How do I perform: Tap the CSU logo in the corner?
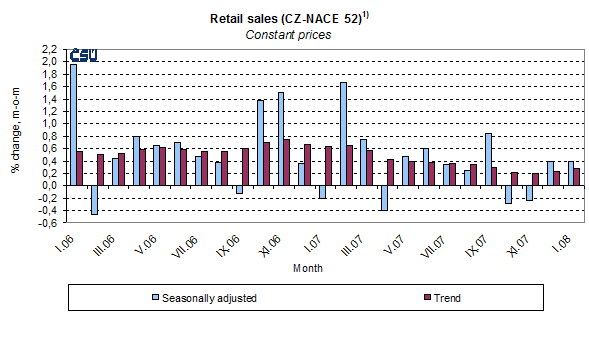pos(82,56)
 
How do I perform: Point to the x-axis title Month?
pos(307,268)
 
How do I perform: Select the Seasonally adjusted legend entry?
pos(201,297)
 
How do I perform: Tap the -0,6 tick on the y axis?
pos(48,223)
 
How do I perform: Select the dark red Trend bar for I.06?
pos(80,168)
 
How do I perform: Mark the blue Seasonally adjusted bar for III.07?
pos(344,134)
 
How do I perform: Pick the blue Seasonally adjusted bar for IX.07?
pos(487,159)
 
